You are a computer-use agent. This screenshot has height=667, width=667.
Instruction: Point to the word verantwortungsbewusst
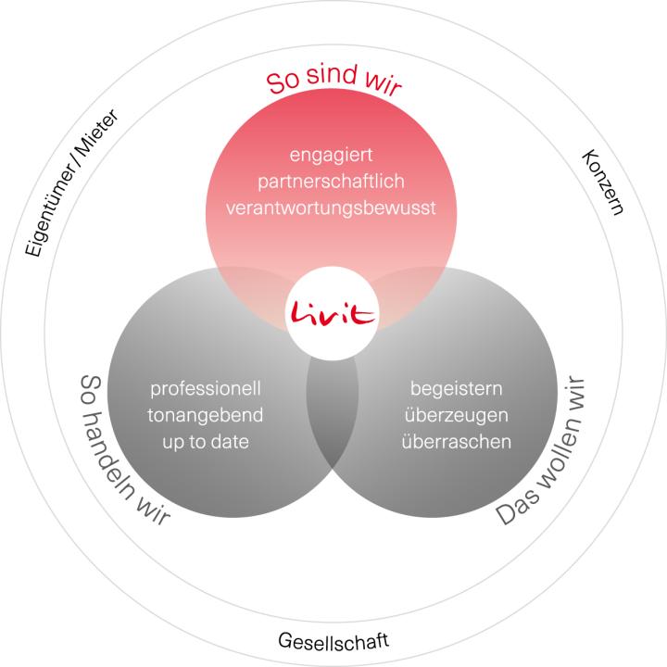tap(330, 208)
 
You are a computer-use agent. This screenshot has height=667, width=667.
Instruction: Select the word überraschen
tap(456, 442)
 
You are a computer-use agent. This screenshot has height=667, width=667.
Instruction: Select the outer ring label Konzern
tap(602, 181)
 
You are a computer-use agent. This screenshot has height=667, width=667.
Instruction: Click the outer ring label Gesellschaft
tap(333, 641)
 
